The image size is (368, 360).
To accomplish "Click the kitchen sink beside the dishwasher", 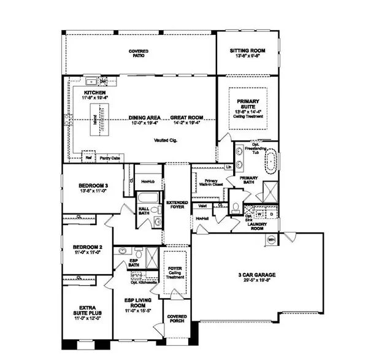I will click(91, 80).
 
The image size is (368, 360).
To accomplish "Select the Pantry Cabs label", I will click(109, 158).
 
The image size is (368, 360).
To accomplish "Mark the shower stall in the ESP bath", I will click(152, 258).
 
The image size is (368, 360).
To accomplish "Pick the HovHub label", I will click(147, 182).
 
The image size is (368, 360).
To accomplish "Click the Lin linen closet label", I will click(228, 167).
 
